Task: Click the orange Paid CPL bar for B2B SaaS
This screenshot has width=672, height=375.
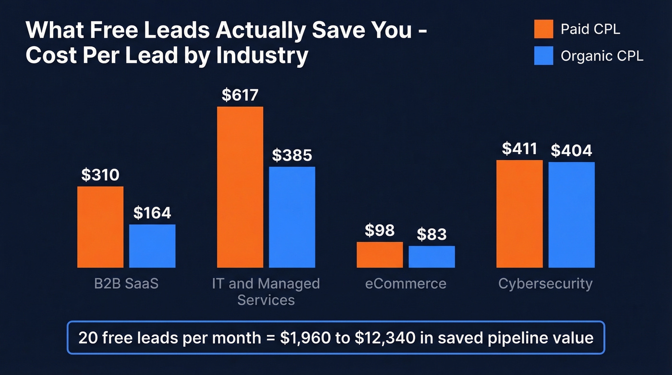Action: (100, 227)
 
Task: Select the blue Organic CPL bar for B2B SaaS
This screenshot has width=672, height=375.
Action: (152, 246)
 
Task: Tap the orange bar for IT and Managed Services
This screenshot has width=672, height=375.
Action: (240, 187)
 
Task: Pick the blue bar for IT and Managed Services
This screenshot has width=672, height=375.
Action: (292, 217)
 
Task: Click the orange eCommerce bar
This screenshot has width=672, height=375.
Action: (380, 255)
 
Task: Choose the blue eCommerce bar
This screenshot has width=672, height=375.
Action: (432, 257)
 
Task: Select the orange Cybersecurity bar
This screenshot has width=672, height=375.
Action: (519, 214)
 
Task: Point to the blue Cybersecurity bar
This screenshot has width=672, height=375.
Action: (571, 215)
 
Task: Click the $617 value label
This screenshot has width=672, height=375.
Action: (240, 95)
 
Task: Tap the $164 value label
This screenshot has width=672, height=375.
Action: (152, 213)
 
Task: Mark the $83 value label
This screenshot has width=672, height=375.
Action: (432, 234)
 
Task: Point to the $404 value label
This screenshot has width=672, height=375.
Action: (571, 150)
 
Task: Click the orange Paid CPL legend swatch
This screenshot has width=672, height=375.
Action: (543, 29)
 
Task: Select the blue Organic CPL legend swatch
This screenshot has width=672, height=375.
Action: (543, 56)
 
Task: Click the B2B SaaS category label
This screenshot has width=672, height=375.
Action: (126, 283)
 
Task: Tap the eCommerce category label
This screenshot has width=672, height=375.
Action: (406, 283)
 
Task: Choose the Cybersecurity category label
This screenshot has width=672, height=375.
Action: (545, 283)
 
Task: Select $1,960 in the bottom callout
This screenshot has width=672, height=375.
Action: (305, 338)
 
